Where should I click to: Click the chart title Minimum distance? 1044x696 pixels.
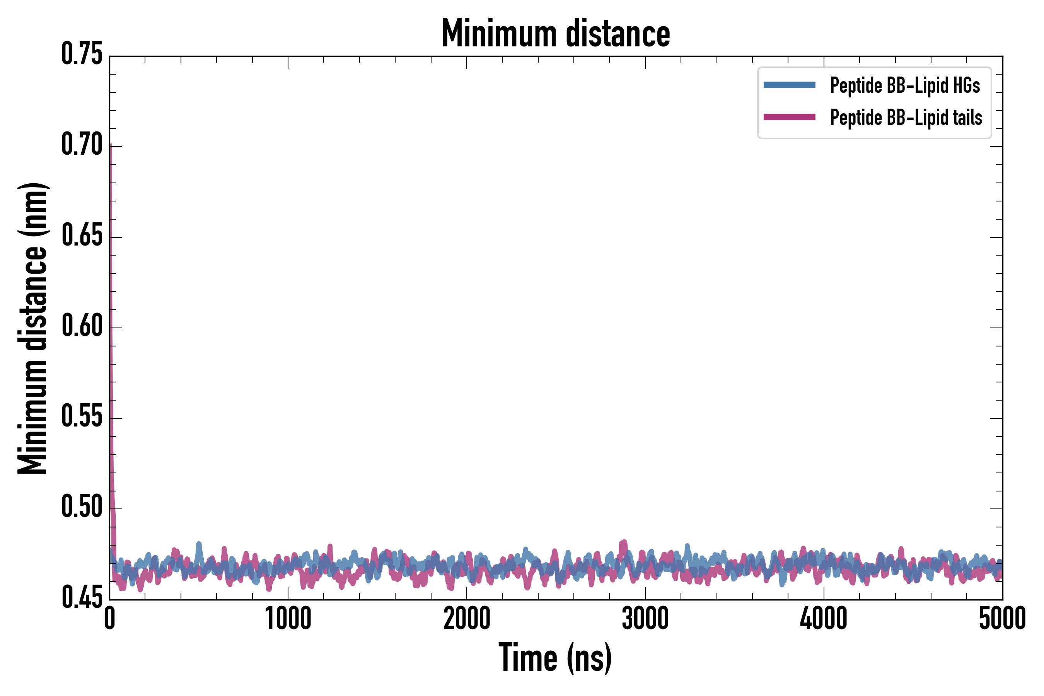(556, 33)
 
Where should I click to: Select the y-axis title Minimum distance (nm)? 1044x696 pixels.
(32, 328)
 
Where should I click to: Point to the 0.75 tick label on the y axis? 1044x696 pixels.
(82, 54)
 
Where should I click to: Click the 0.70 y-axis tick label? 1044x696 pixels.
(82, 145)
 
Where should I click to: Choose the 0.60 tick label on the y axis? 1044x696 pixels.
(82, 326)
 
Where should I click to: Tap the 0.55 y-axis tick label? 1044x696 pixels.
(82, 417)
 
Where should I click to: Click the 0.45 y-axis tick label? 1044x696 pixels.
(82, 597)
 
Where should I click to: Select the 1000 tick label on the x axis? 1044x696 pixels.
(288, 618)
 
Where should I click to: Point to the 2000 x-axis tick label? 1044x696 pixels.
(467, 618)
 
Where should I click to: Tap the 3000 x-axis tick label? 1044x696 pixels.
(645, 618)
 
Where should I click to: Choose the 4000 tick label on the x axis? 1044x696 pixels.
(823, 618)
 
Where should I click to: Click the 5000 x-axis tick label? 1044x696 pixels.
(1002, 618)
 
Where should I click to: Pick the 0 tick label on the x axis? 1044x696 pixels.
(110, 618)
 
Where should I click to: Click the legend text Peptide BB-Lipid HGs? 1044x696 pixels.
(905, 85)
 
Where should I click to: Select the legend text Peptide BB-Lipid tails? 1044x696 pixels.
(906, 118)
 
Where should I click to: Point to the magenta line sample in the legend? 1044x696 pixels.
(789, 117)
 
